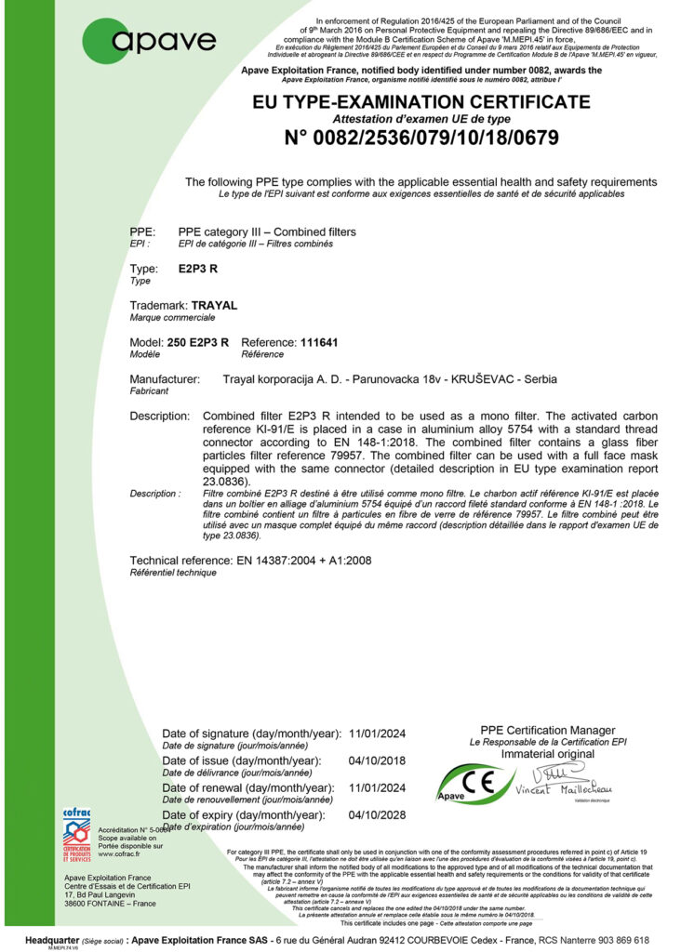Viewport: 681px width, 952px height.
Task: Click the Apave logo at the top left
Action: pos(150,40)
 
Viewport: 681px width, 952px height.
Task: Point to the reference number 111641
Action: pos(319,342)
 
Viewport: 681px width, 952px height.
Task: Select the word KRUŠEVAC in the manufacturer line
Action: pos(483,380)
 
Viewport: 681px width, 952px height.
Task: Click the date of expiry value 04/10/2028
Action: pos(378,814)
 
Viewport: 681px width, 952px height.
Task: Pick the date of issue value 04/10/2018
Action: pos(378,760)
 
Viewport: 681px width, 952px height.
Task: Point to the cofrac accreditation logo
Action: pos(76,835)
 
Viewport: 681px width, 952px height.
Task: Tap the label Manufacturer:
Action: pos(165,380)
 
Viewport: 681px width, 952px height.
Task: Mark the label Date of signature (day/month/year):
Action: pos(250,734)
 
